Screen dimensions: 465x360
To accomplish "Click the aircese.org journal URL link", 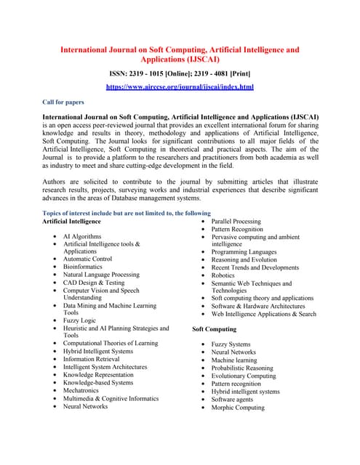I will click(180, 86).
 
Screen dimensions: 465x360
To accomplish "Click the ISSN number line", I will click(180, 73).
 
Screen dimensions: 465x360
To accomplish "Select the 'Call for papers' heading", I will click(65, 102).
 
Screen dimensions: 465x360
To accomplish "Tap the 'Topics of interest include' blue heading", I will click(127, 213).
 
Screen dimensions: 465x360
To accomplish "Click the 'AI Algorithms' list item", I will click(83, 237).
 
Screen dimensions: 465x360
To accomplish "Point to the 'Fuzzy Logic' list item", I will click(79, 320).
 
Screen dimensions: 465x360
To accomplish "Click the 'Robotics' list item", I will click(223, 276).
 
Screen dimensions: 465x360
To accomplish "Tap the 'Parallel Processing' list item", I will click(236, 221).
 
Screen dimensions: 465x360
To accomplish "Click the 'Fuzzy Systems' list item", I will click(231, 344).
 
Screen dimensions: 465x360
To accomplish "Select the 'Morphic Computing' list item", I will click(238, 408).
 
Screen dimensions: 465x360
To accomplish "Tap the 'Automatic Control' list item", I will click(87, 259).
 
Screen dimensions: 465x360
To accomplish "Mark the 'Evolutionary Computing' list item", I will click(244, 376).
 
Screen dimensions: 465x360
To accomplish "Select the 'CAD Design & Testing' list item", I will click(94, 283).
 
